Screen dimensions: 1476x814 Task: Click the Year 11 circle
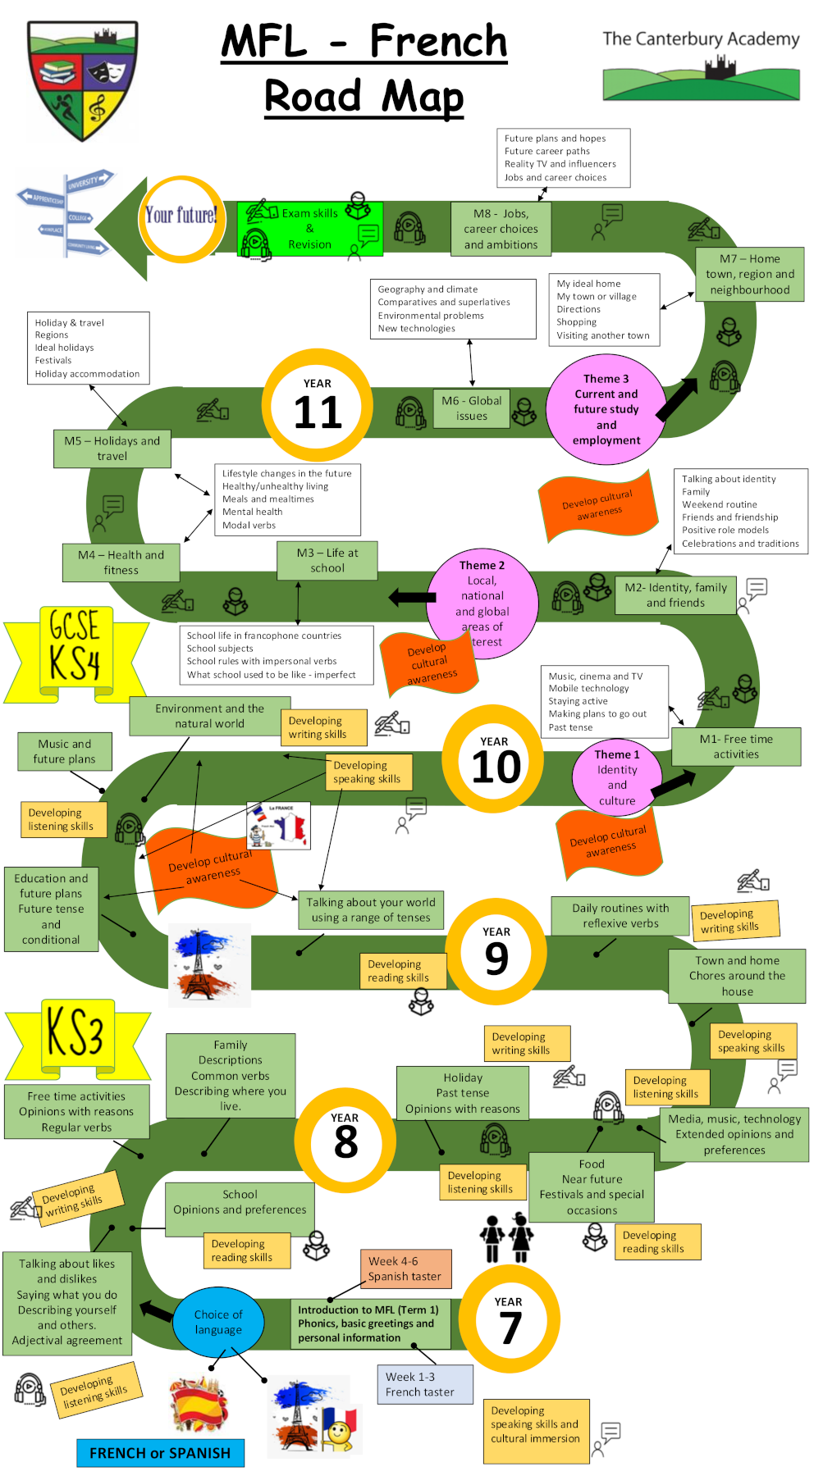tap(318, 405)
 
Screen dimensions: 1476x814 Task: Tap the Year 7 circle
tap(509, 1319)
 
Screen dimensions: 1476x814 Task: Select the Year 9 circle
tap(496, 951)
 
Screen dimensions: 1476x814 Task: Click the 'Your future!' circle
tap(181, 217)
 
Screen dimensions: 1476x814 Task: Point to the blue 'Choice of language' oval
tap(218, 1322)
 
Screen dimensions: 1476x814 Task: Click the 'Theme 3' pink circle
tap(606, 409)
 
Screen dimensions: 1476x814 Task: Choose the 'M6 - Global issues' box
tap(471, 408)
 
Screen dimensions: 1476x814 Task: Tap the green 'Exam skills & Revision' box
tap(309, 229)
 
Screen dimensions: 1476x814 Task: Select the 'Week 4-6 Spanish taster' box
tap(405, 1269)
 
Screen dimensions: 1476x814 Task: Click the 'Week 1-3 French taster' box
tap(425, 1384)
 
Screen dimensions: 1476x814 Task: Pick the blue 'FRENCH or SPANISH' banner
tap(160, 1453)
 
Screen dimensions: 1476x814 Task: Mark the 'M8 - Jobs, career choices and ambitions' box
tap(501, 229)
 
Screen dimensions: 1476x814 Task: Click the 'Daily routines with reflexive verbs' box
tap(620, 916)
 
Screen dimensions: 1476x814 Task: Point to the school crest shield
tap(83, 80)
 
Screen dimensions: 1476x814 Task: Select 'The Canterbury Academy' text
tap(701, 39)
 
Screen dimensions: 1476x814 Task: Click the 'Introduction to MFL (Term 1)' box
tap(369, 1323)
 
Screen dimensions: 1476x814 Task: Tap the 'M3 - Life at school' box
tap(327, 560)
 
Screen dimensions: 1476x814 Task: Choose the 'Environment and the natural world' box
tap(210, 716)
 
